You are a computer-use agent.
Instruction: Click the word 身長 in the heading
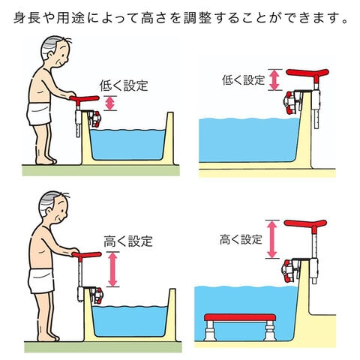point(27,18)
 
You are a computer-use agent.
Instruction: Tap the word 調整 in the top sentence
point(198,18)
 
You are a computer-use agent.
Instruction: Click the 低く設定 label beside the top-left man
point(124,85)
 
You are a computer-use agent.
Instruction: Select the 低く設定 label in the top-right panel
point(243,80)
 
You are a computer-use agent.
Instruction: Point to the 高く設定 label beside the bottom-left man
point(128,241)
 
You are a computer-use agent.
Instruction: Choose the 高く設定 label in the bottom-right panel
point(241,239)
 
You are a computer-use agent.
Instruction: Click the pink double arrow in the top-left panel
point(110,103)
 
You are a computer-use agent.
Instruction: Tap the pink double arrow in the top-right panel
point(274,79)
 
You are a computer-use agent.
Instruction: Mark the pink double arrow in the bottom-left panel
point(112,269)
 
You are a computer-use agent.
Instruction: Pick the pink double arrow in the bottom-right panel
point(272,239)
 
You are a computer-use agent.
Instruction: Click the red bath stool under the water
point(240,318)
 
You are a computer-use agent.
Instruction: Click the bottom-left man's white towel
point(41,280)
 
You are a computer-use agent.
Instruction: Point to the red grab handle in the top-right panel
point(307,73)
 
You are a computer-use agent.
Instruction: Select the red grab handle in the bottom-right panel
point(305,223)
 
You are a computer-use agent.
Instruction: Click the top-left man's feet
point(46,160)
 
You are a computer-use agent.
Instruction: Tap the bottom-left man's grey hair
point(49,202)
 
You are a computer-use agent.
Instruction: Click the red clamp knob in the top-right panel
point(289,103)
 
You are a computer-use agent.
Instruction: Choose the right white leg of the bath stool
point(269,331)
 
